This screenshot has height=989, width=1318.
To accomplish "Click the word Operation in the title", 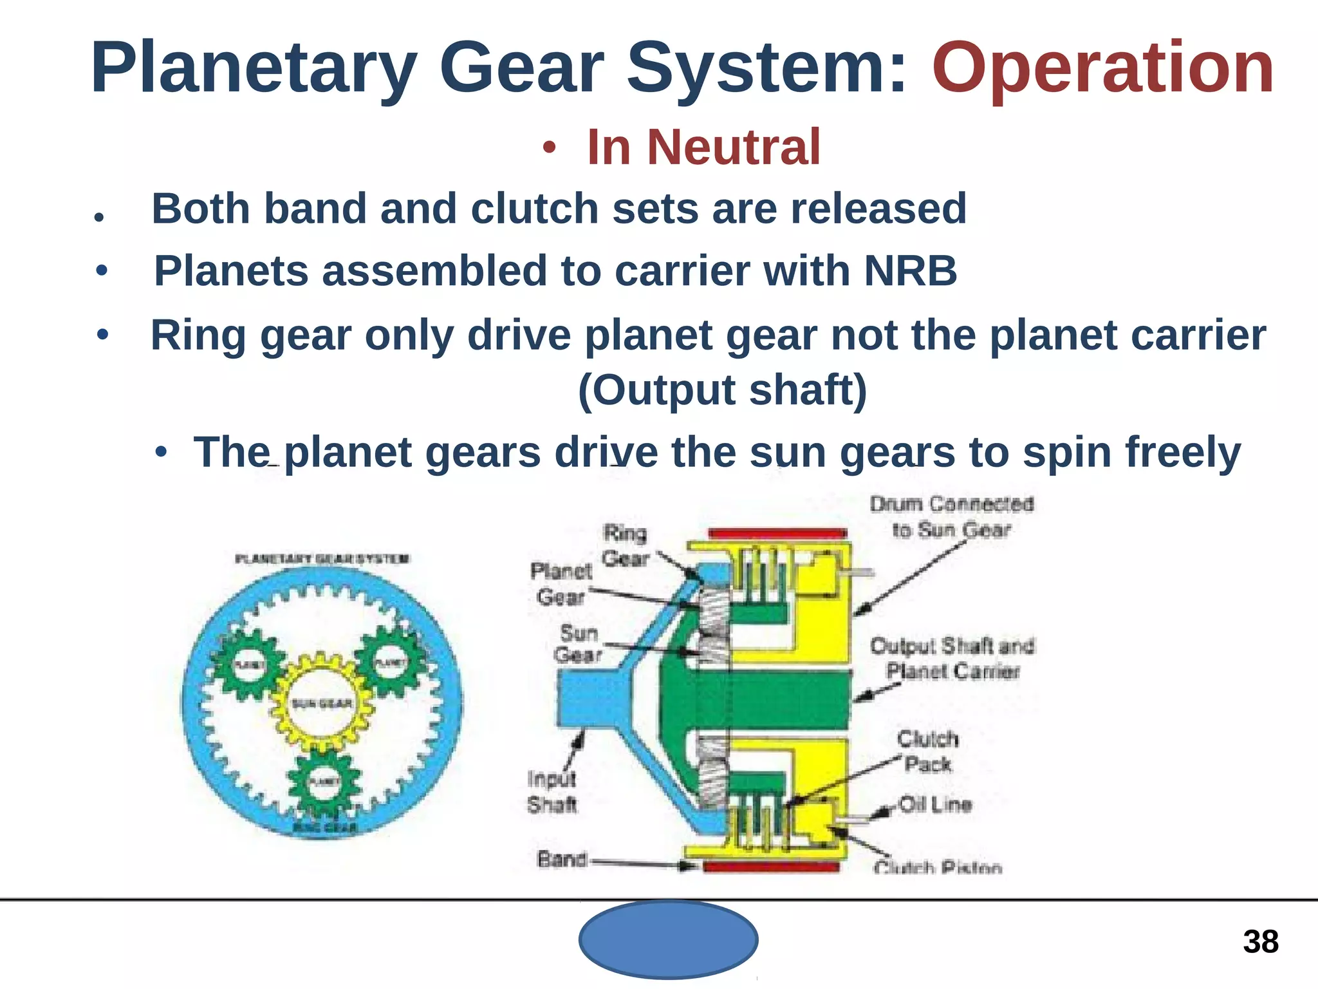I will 1102,68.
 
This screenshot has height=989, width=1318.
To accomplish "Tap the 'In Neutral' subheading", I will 703,147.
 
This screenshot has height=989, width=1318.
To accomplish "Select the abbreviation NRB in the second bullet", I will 910,270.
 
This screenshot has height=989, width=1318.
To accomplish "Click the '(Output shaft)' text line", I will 722,390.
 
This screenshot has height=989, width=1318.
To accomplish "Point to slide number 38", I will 1260,942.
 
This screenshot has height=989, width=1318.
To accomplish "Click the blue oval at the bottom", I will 668,939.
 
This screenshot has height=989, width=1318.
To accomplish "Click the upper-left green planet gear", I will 248,664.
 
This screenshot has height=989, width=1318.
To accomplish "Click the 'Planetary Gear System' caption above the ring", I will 322,558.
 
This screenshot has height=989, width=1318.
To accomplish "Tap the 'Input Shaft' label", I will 552,792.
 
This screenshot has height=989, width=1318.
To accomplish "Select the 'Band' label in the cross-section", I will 562,859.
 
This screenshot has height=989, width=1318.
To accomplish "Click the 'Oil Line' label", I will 934,805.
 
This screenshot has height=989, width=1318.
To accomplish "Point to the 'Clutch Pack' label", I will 927,751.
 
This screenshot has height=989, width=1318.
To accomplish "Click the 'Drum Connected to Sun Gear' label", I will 951,517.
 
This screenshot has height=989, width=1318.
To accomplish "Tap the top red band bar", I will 777,533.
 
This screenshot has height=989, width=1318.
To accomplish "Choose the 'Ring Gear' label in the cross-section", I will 625,545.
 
